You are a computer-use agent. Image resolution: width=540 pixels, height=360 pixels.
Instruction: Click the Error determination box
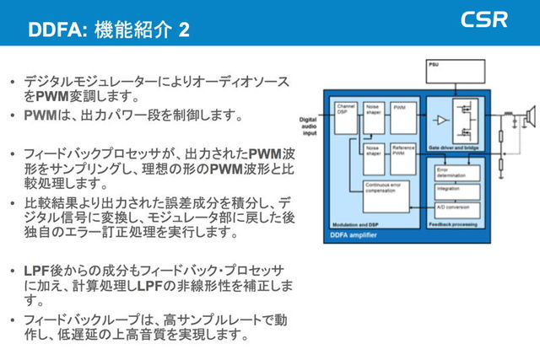456,173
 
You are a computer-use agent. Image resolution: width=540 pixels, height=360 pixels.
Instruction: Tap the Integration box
456,191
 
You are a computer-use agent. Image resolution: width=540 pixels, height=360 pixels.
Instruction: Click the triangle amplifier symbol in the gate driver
440,121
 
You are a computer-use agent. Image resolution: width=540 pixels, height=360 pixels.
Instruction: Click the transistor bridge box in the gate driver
467,121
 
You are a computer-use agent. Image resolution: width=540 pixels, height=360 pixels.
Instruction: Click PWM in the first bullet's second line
52,96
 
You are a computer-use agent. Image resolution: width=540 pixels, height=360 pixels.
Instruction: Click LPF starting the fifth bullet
35,271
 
